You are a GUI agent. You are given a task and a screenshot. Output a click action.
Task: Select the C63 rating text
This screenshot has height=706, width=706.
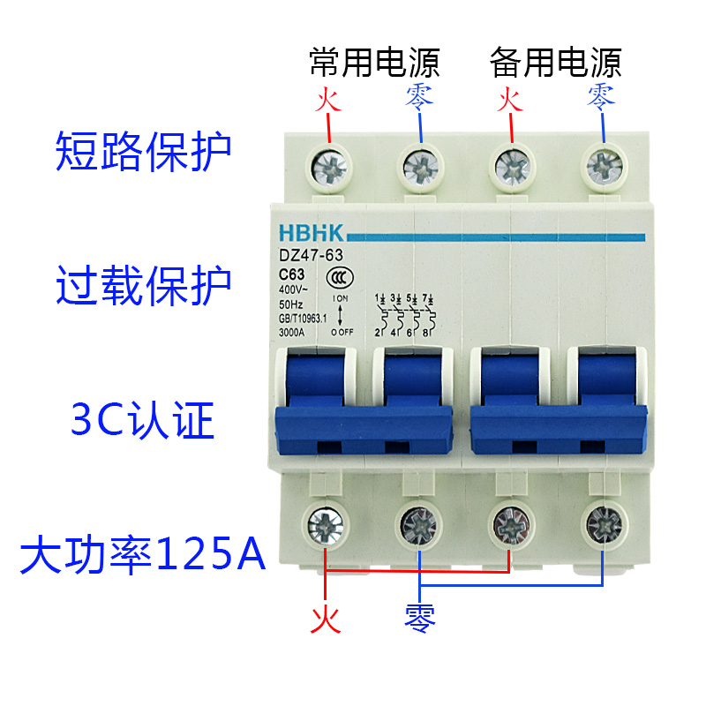[294, 273]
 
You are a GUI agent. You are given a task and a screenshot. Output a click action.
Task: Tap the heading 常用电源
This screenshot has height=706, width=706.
[374, 63]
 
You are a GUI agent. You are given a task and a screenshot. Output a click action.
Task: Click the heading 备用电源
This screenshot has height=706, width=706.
[556, 63]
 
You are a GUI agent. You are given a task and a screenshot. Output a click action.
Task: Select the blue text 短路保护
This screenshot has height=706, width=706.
[143, 152]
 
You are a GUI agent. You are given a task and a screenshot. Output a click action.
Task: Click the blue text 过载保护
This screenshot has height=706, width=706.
[143, 284]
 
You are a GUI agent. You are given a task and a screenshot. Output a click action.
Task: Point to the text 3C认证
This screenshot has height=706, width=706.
[143, 422]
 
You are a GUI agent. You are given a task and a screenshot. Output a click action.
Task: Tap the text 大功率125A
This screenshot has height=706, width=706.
[143, 556]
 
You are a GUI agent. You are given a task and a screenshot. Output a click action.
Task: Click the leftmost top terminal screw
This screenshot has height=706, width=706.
[328, 165]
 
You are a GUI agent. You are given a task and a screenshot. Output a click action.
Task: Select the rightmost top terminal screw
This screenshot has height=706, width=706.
[605, 165]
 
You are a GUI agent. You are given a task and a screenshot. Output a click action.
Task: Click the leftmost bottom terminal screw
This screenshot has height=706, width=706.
[326, 526]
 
